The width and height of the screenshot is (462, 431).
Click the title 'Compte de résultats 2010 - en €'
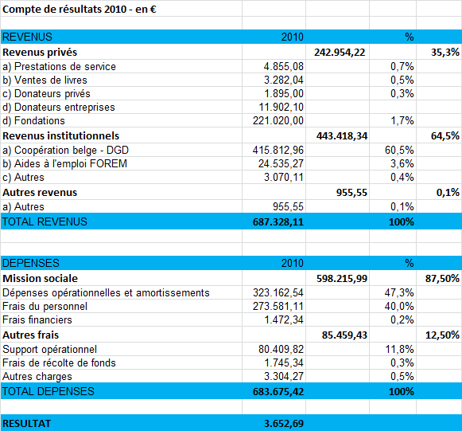click(x=80, y=10)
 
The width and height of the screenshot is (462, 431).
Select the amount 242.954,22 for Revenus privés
click(x=340, y=53)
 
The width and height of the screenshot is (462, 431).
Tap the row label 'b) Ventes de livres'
click(x=45, y=80)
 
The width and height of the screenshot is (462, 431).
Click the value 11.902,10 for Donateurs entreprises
click(x=281, y=107)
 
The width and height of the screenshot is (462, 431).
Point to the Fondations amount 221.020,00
click(x=278, y=120)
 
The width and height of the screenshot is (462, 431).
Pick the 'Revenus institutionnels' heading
click(x=60, y=135)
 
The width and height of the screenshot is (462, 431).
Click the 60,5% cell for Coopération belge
click(x=399, y=150)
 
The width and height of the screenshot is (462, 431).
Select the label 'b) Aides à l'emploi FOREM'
click(x=64, y=163)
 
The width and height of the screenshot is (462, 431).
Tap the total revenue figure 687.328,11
click(x=278, y=221)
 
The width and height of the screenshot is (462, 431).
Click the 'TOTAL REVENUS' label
click(x=45, y=221)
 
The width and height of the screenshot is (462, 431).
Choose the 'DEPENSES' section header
click(x=31, y=263)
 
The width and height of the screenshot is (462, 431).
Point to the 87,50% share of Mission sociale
click(x=442, y=278)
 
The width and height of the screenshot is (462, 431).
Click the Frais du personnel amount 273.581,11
click(x=278, y=306)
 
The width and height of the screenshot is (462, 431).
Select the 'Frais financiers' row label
click(x=37, y=319)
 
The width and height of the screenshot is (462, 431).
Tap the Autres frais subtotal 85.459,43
click(x=344, y=335)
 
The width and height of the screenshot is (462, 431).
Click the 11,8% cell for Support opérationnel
click(x=399, y=349)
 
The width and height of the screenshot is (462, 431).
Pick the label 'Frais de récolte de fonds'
click(x=59, y=362)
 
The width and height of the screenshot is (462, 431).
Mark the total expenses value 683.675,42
click(x=278, y=391)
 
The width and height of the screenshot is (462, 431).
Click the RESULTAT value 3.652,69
click(x=284, y=424)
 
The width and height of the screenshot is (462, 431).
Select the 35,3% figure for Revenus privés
click(x=445, y=53)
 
